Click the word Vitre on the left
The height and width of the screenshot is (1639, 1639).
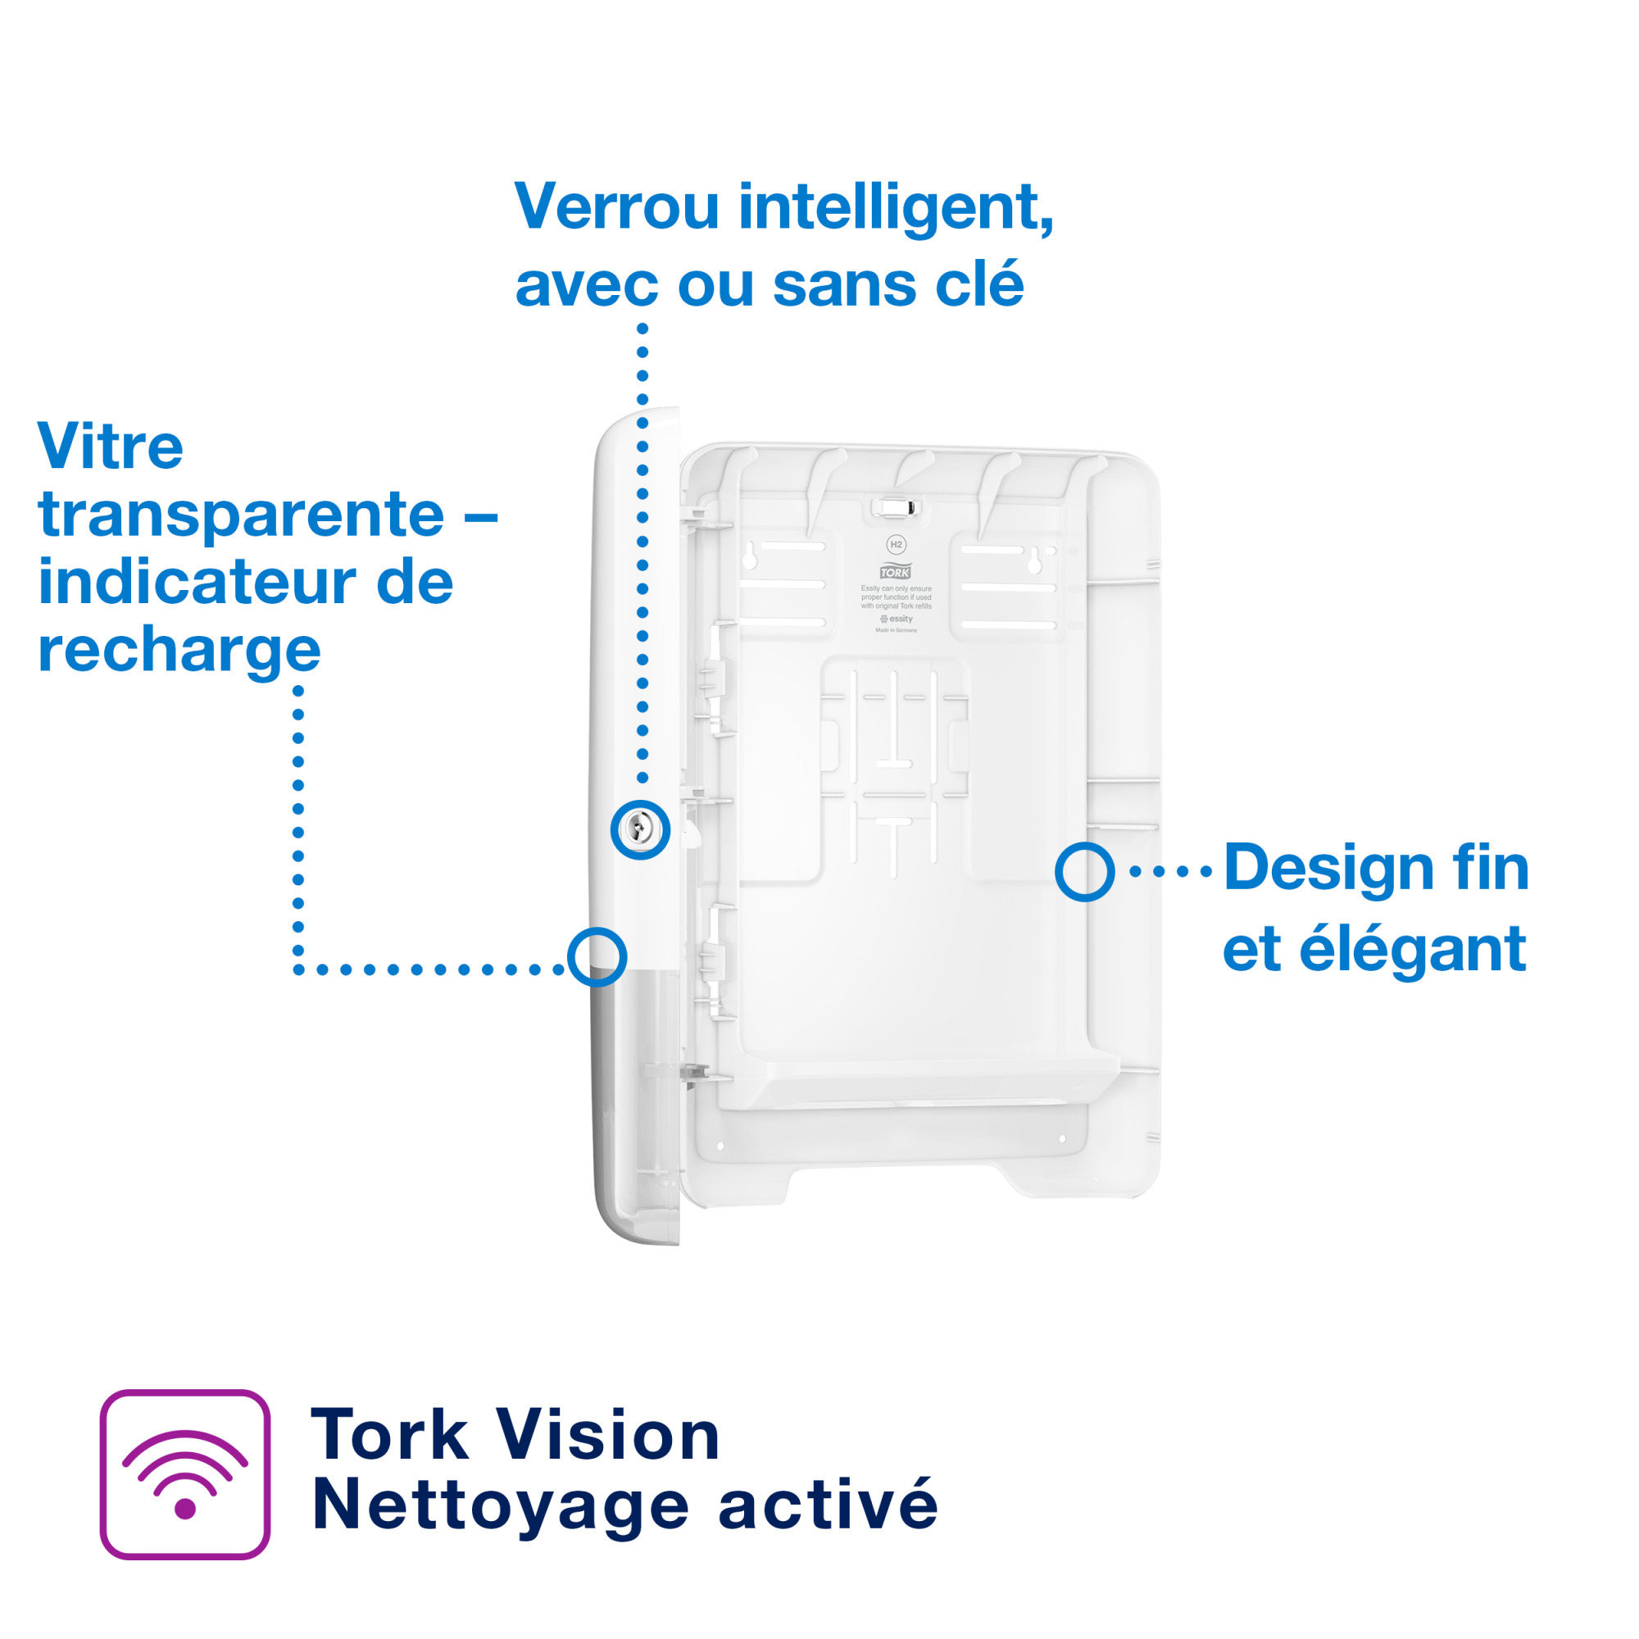coord(111,447)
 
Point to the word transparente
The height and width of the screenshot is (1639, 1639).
coord(241,515)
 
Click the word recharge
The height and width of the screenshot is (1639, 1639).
coord(179,651)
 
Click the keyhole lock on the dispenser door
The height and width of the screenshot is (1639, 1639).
coord(640,829)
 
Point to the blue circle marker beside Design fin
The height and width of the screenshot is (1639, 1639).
coord(1084,871)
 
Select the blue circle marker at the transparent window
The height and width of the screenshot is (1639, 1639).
coord(597,957)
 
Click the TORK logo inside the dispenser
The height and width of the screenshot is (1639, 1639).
coord(895,573)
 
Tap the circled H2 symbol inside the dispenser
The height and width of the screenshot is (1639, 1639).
coord(896,545)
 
